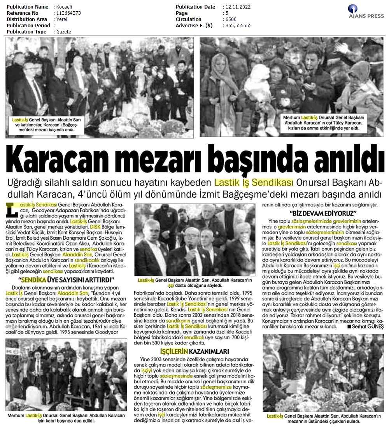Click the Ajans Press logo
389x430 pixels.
coord(365,12)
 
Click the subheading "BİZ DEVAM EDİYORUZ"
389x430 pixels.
coord(323,213)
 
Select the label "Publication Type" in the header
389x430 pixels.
coord(26,32)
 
